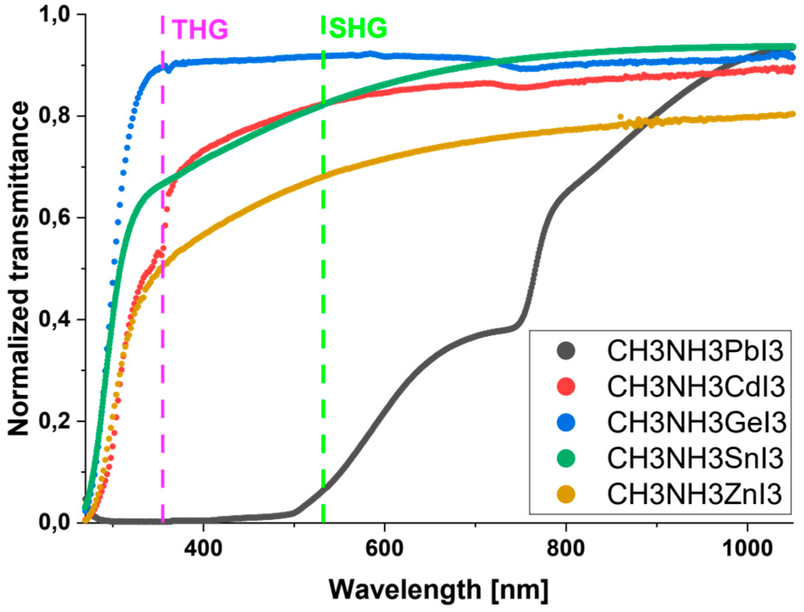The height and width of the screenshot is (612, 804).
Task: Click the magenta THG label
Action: click(x=200, y=30)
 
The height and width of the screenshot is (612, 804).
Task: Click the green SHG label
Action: click(x=358, y=28)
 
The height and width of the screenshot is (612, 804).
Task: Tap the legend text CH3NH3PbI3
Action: click(x=695, y=351)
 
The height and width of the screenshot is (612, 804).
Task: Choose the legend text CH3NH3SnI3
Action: click(x=695, y=458)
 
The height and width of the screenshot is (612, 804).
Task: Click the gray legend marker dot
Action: click(x=566, y=351)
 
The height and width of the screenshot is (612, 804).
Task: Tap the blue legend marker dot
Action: click(x=566, y=422)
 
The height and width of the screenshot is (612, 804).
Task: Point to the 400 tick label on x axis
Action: click(x=204, y=548)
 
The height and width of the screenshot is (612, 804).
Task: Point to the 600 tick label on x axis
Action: click(x=385, y=548)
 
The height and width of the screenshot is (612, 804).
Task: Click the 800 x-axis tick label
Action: click(x=565, y=548)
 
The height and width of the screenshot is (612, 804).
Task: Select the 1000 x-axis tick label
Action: click(x=747, y=548)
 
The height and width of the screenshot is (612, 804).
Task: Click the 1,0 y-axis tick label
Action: click(x=54, y=15)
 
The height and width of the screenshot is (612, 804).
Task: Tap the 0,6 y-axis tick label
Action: click(x=54, y=218)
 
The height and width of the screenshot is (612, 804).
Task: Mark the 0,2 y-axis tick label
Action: click(x=54, y=421)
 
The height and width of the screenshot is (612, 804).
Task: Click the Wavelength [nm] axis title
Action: click(x=439, y=589)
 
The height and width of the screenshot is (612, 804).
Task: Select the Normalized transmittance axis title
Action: click(x=19, y=268)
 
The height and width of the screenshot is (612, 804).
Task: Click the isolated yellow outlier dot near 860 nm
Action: click(x=620, y=116)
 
